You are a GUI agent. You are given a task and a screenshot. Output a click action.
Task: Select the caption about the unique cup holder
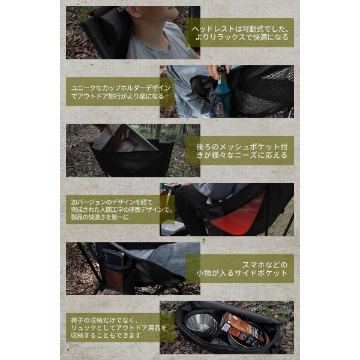121,92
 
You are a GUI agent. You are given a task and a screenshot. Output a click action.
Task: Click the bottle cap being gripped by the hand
221,68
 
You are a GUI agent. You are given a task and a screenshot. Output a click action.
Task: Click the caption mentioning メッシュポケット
242,151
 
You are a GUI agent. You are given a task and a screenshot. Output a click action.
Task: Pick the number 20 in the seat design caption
73,202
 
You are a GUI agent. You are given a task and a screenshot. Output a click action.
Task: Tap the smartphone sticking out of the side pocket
113,259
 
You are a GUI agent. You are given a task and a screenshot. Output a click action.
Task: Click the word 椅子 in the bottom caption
76,320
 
